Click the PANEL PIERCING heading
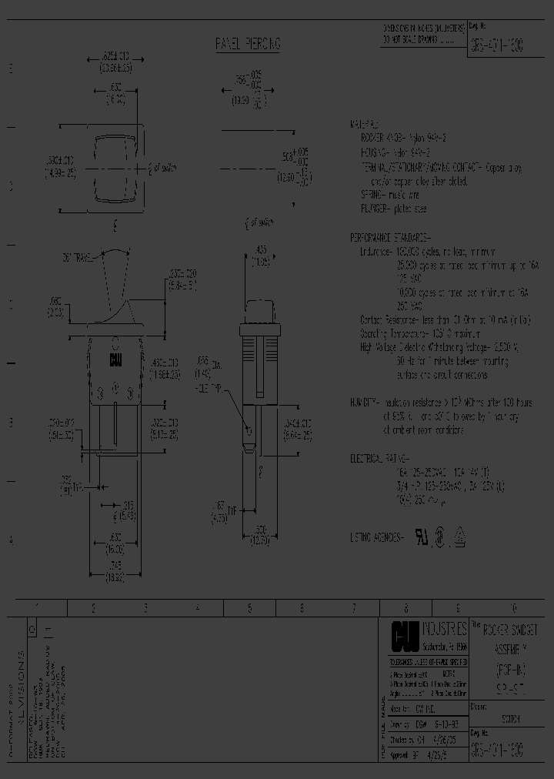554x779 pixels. [x=247, y=45]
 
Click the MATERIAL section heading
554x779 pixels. [x=364, y=124]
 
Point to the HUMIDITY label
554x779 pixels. [x=365, y=402]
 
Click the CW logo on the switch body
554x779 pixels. [x=116, y=360]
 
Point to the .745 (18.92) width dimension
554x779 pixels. [x=116, y=564]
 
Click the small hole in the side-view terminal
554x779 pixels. [x=249, y=430]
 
